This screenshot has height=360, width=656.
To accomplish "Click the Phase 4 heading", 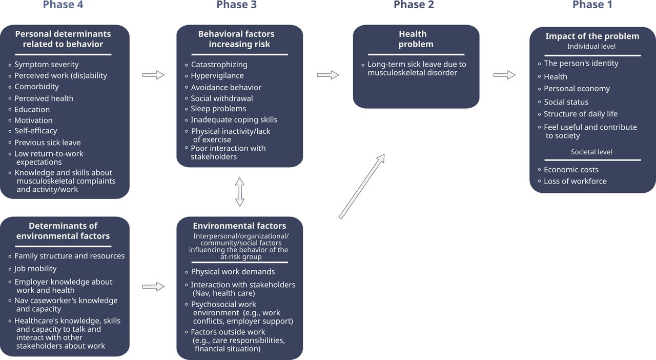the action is pyautogui.click(x=63, y=5).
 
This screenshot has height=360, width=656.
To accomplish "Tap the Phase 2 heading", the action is pyautogui.click(x=414, y=5).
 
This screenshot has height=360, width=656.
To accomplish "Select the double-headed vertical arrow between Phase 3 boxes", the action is pyautogui.click(x=239, y=192).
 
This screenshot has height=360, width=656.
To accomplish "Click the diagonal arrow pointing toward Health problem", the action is pyautogui.click(x=362, y=187).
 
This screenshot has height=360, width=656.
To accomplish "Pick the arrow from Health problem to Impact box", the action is pyautogui.click(x=504, y=75).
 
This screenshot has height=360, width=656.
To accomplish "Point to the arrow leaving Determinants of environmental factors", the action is pyautogui.click(x=153, y=287).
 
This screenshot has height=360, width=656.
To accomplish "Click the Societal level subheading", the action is pyautogui.click(x=591, y=152).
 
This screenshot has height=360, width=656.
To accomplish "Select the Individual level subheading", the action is pyautogui.click(x=591, y=46).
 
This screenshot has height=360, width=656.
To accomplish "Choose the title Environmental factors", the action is pyautogui.click(x=239, y=226).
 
